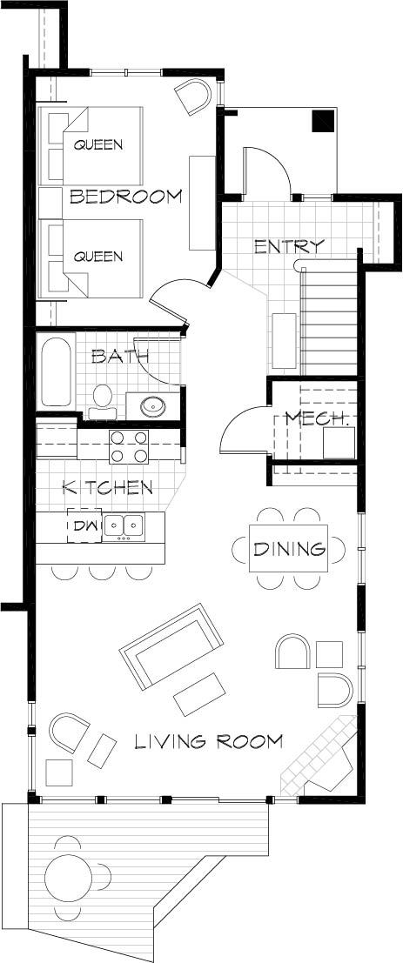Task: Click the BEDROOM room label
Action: (126, 197)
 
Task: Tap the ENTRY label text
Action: (289, 247)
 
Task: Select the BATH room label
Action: (120, 356)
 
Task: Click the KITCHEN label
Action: (108, 488)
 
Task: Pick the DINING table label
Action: (289, 549)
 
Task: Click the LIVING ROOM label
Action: (209, 742)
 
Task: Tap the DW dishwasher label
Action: (85, 525)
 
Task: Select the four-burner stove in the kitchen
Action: (128, 447)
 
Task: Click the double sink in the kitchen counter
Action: (124, 525)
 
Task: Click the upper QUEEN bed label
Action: (98, 144)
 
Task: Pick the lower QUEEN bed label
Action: (98, 257)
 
